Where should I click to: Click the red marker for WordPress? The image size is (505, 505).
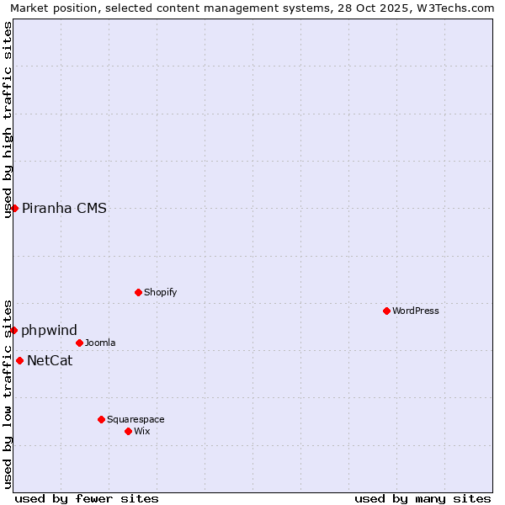[x=386, y=311]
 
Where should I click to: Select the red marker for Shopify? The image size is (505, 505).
[x=138, y=292]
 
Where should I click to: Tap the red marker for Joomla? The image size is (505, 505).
[x=79, y=343]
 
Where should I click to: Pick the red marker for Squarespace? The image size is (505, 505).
[x=101, y=419]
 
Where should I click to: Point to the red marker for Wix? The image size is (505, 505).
[x=128, y=431]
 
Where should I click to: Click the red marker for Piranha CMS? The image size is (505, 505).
[x=14, y=208]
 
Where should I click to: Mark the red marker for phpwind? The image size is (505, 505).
[x=13, y=330]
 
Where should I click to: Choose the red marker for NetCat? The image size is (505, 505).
[x=19, y=360]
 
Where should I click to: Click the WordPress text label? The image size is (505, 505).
[x=416, y=311]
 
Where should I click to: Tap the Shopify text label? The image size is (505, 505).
[x=161, y=292]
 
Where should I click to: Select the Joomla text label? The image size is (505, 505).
[x=100, y=343]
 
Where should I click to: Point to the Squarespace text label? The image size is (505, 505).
[x=136, y=419]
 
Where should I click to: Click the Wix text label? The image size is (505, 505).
[x=142, y=431]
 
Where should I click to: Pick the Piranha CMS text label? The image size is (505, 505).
[x=64, y=208]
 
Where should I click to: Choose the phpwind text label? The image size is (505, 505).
[x=49, y=330]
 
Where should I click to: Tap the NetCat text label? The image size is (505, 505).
[x=50, y=361]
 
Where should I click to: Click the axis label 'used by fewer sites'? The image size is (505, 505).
[x=87, y=498]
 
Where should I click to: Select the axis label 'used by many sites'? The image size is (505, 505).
[x=423, y=498]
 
